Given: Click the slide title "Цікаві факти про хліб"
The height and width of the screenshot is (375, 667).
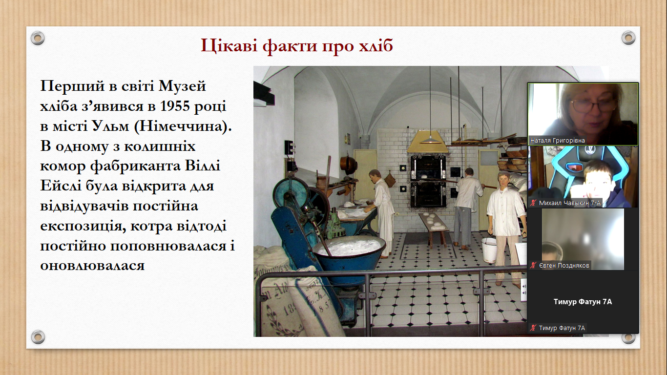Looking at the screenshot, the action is coord(297,46).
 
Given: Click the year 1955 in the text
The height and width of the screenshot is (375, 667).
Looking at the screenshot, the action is coord(175,106).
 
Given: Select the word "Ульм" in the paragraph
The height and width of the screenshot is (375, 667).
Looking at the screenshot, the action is coord(110,126).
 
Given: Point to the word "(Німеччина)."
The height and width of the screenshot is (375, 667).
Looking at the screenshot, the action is coord(183,126).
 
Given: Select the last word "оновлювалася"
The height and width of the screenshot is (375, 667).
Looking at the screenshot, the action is coord(92,266).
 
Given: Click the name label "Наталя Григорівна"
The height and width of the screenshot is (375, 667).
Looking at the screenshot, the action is coord(558,140).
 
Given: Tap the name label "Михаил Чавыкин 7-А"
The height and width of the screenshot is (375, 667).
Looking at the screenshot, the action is coord(570,203).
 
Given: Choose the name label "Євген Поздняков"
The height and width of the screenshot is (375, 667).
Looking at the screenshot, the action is coord(564,266).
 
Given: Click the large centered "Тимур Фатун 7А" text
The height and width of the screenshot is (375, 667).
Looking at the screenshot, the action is coord(583,302).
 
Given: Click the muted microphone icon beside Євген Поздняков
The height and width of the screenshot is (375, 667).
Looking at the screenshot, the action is coord(533,266).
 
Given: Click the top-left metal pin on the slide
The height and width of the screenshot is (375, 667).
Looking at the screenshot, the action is coord(38,38).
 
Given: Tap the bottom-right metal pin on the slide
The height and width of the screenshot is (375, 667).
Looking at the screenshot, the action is coord(628,337).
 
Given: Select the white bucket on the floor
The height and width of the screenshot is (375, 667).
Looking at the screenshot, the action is coord(489,250).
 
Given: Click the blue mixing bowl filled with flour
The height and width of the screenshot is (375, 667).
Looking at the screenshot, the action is coord(349,256).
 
